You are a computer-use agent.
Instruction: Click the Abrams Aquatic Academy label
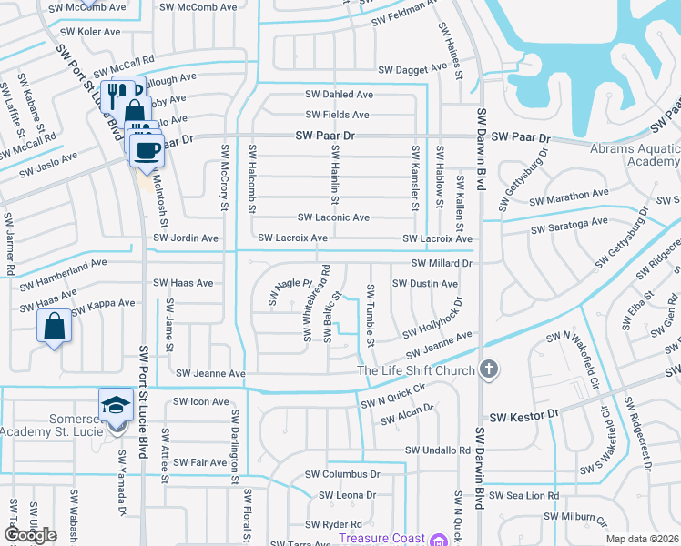click(x=634, y=155)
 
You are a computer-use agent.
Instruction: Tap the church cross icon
click(x=489, y=369)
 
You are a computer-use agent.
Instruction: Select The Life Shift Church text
click(x=416, y=370)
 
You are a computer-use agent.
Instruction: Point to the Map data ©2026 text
click(x=642, y=539)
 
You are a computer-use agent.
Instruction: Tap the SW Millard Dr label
click(x=442, y=263)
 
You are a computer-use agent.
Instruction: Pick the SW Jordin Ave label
click(x=186, y=238)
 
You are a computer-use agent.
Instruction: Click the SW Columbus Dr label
click(x=342, y=474)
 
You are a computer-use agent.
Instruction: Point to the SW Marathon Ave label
click(x=571, y=196)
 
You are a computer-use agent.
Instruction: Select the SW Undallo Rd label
click(x=438, y=450)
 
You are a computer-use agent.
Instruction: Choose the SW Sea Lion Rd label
click(x=523, y=496)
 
